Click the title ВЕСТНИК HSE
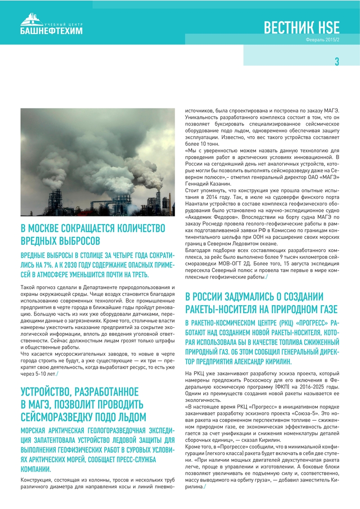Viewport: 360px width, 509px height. coord(301,28)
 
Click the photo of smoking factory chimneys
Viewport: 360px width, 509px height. coord(98,162)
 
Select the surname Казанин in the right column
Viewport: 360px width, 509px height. coord(220,184)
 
